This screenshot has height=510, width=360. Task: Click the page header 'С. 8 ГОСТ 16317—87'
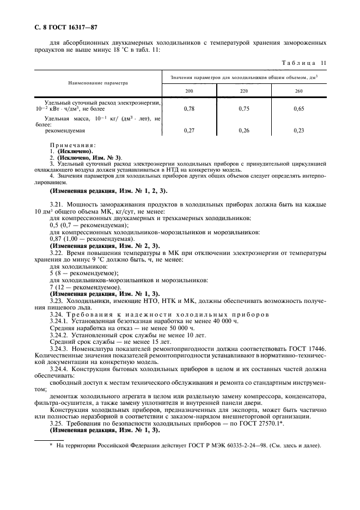[66, 27]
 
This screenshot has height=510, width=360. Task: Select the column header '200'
[189, 90]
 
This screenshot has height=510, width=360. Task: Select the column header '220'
[243, 90]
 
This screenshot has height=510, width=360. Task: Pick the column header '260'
[298, 90]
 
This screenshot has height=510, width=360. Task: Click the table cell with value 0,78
[189, 109]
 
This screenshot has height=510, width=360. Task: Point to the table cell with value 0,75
[243, 109]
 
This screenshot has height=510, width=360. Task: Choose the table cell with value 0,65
[298, 109]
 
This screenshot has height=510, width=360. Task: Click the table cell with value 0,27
[189, 131]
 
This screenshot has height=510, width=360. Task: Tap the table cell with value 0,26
[243, 131]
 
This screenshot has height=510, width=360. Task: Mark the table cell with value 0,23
[298, 131]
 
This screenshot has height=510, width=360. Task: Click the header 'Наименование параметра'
[97, 83]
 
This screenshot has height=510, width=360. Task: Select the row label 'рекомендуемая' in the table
[65, 131]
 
